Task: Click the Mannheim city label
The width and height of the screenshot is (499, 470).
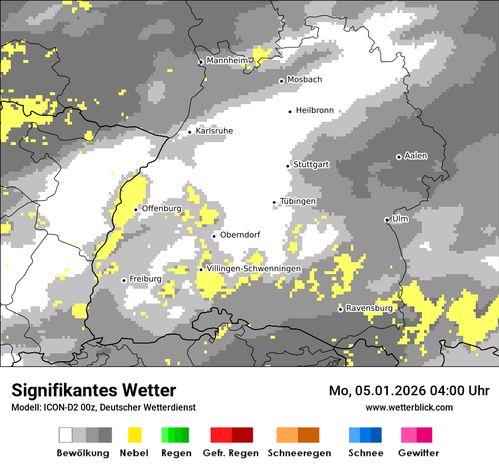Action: pyautogui.click(x=227, y=61)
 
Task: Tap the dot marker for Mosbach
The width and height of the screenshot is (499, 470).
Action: pyautogui.click(x=281, y=81)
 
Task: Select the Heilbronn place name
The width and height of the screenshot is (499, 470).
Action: pyautogui.click(x=315, y=111)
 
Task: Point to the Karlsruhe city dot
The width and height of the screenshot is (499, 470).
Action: pyautogui.click(x=190, y=132)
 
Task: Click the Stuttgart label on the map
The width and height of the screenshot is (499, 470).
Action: pyautogui.click(x=311, y=165)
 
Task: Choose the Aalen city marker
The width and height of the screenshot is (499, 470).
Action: pyautogui.click(x=399, y=157)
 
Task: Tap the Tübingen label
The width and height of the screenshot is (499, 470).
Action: pyautogui.click(x=298, y=202)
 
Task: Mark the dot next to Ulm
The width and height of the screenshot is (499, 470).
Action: pyautogui.click(x=387, y=220)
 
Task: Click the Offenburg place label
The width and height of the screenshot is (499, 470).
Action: pyautogui.click(x=162, y=208)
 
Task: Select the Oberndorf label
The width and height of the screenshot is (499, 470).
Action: pyautogui.click(x=240, y=235)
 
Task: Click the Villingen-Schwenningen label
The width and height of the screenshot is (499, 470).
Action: pyautogui.click(x=253, y=268)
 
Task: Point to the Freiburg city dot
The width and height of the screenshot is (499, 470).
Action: pyautogui.click(x=124, y=280)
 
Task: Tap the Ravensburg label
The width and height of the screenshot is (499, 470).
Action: pyautogui.click(x=369, y=309)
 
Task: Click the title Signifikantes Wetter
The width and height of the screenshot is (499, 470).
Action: pyautogui.click(x=94, y=390)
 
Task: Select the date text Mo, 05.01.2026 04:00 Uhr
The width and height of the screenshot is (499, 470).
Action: pyautogui.click(x=409, y=391)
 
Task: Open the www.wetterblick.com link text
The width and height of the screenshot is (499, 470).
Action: pyautogui.click(x=409, y=407)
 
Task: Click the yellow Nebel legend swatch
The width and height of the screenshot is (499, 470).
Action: pyautogui.click(x=135, y=435)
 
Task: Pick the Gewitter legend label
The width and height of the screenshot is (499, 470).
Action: pyautogui.click(x=418, y=453)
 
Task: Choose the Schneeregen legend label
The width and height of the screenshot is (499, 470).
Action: pyautogui.click(x=299, y=453)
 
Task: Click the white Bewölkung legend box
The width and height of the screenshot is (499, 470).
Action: pyautogui.click(x=66, y=435)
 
